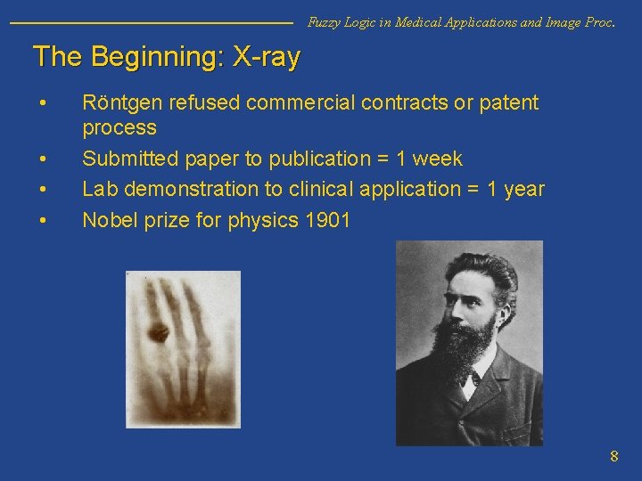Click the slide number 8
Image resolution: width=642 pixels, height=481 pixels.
click(613, 457)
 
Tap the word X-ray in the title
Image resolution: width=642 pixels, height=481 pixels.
click(266, 57)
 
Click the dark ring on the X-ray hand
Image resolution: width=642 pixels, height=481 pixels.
click(160, 334)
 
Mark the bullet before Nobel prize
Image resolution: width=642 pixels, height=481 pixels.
click(43, 219)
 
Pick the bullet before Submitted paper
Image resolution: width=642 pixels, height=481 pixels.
click(43, 159)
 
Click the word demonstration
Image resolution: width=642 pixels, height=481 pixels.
click(203, 189)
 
